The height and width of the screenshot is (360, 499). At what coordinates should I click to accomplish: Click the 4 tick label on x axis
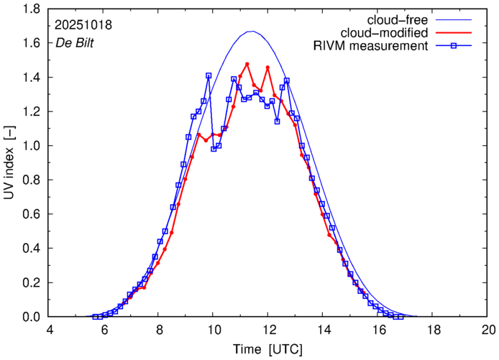click(x=50, y=330)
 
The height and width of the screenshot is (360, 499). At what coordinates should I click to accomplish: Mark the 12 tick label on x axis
click(x=268, y=330)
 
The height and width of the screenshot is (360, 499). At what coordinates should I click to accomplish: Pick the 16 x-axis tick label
click(x=378, y=330)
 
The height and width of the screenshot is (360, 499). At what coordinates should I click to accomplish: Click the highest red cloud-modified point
click(x=247, y=64)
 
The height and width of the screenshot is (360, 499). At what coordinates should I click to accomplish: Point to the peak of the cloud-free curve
click(x=251, y=32)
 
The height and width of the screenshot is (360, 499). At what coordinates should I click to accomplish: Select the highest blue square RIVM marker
click(x=209, y=75)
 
